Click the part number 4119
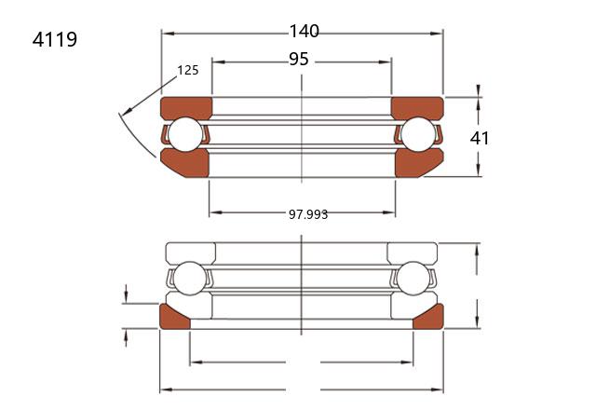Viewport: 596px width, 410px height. tap(55, 39)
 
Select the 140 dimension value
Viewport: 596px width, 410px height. tap(305, 31)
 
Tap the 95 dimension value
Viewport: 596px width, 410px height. tap(299, 59)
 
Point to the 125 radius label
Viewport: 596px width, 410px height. tap(188, 70)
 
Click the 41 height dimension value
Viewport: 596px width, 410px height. tap(480, 138)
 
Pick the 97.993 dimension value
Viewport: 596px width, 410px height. tap(308, 214)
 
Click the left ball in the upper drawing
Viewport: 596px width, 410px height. tap(185, 134)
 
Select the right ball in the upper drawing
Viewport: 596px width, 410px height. tap(418, 134)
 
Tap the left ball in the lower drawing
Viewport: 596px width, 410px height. tap(189, 279)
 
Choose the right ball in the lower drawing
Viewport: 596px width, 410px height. tap(413, 279)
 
